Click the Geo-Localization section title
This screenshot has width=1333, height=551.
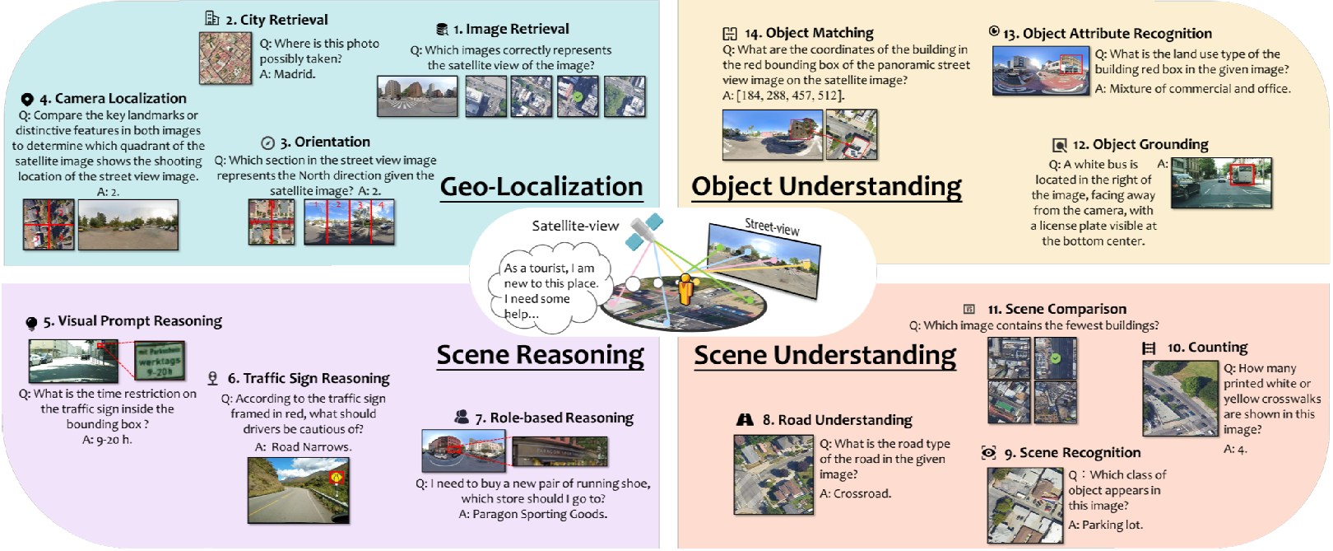point(541,187)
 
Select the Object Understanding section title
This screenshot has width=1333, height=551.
point(826,187)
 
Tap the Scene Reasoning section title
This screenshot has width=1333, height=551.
point(540,355)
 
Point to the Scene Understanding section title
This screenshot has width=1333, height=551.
point(824,355)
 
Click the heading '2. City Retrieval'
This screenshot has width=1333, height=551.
point(276,20)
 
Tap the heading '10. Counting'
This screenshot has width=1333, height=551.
point(1206,348)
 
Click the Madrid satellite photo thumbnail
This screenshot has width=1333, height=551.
point(225,58)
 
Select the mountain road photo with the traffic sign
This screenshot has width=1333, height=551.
point(298,490)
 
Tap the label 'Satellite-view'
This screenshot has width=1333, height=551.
point(575,226)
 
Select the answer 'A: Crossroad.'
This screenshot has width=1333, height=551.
point(855,493)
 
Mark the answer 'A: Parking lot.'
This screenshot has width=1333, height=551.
point(1105,525)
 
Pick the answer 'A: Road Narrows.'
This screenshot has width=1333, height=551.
point(303,446)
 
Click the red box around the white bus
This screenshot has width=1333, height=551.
point(1241,175)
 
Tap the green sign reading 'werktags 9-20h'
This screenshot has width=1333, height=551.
point(160,361)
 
